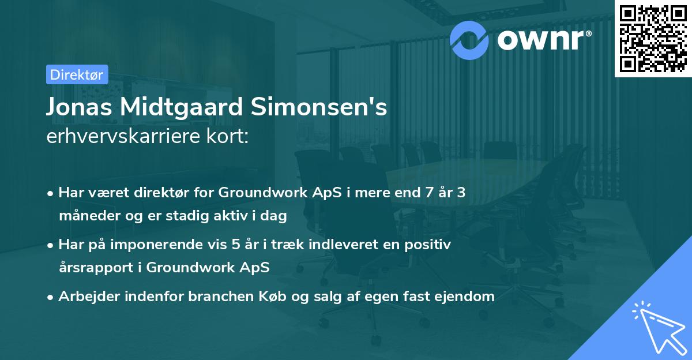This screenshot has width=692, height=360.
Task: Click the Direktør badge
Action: point(77,74)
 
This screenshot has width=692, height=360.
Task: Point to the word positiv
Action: point(431,245)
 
